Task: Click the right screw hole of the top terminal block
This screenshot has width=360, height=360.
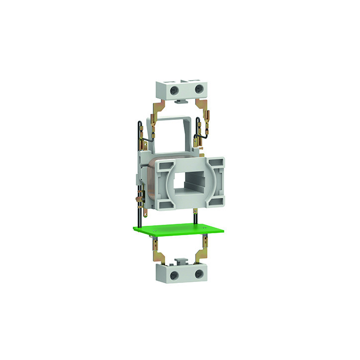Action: [x=199, y=88]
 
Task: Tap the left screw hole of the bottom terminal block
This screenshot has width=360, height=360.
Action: [x=174, y=275]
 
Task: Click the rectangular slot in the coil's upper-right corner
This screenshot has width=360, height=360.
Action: [x=217, y=164]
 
